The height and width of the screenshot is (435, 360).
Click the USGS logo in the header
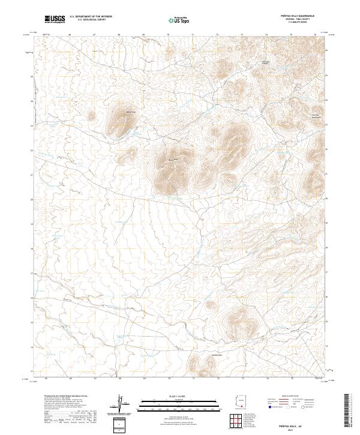(55, 20)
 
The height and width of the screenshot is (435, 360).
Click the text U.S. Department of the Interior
(91, 17)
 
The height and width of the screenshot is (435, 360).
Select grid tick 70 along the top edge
(169, 35)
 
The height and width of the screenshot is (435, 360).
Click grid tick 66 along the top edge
(70, 35)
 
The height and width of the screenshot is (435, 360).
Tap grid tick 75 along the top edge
(291, 35)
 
